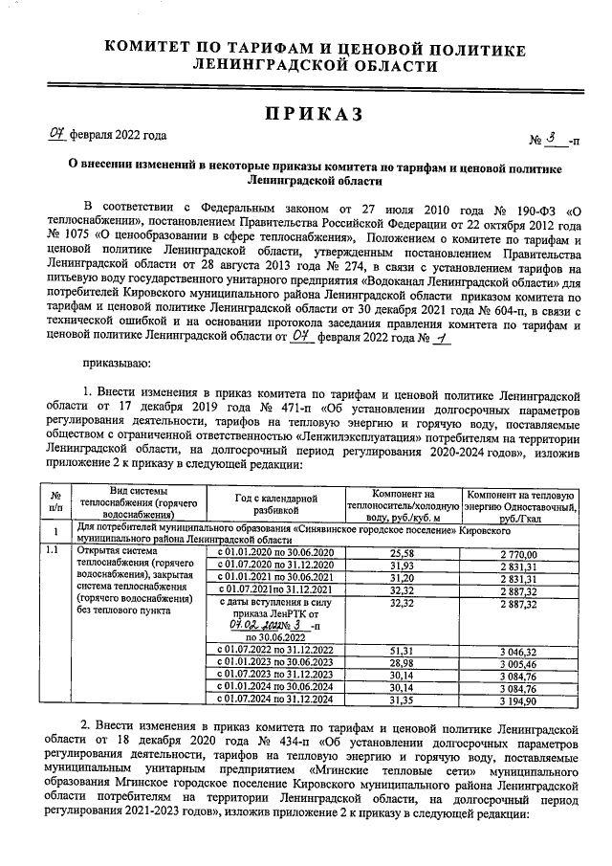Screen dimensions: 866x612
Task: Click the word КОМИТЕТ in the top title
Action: coord(150,48)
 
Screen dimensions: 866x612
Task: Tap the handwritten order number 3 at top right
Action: coord(552,140)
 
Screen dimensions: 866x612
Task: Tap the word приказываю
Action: coord(116,364)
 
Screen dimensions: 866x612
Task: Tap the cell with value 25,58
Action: coord(402,553)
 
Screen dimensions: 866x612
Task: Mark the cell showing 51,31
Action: coord(402,651)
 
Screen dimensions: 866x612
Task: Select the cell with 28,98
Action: coord(402,662)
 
